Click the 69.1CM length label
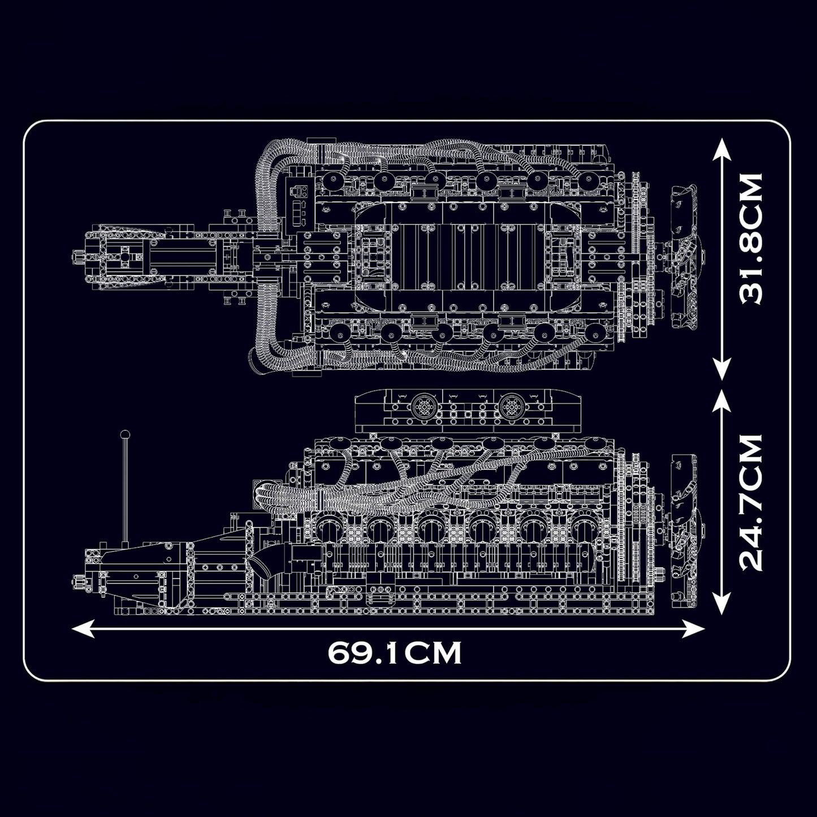[395, 653]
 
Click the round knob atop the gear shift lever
[126, 434]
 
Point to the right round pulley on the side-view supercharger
[507, 405]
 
